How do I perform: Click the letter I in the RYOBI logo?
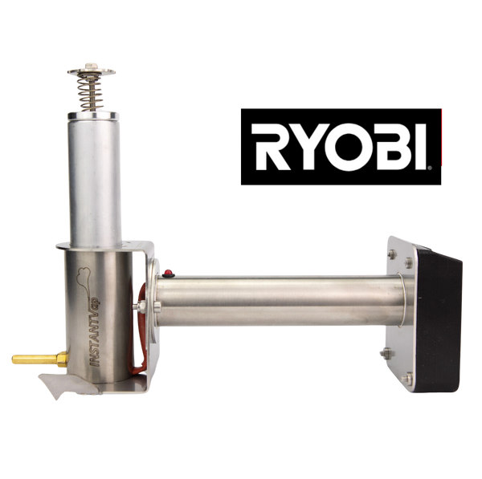pos(420,147)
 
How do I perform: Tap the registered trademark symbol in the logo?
pos(430,168)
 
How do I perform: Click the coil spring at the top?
pos(89,92)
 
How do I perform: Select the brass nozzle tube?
pos(40,359)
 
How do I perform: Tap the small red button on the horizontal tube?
pos(168,273)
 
